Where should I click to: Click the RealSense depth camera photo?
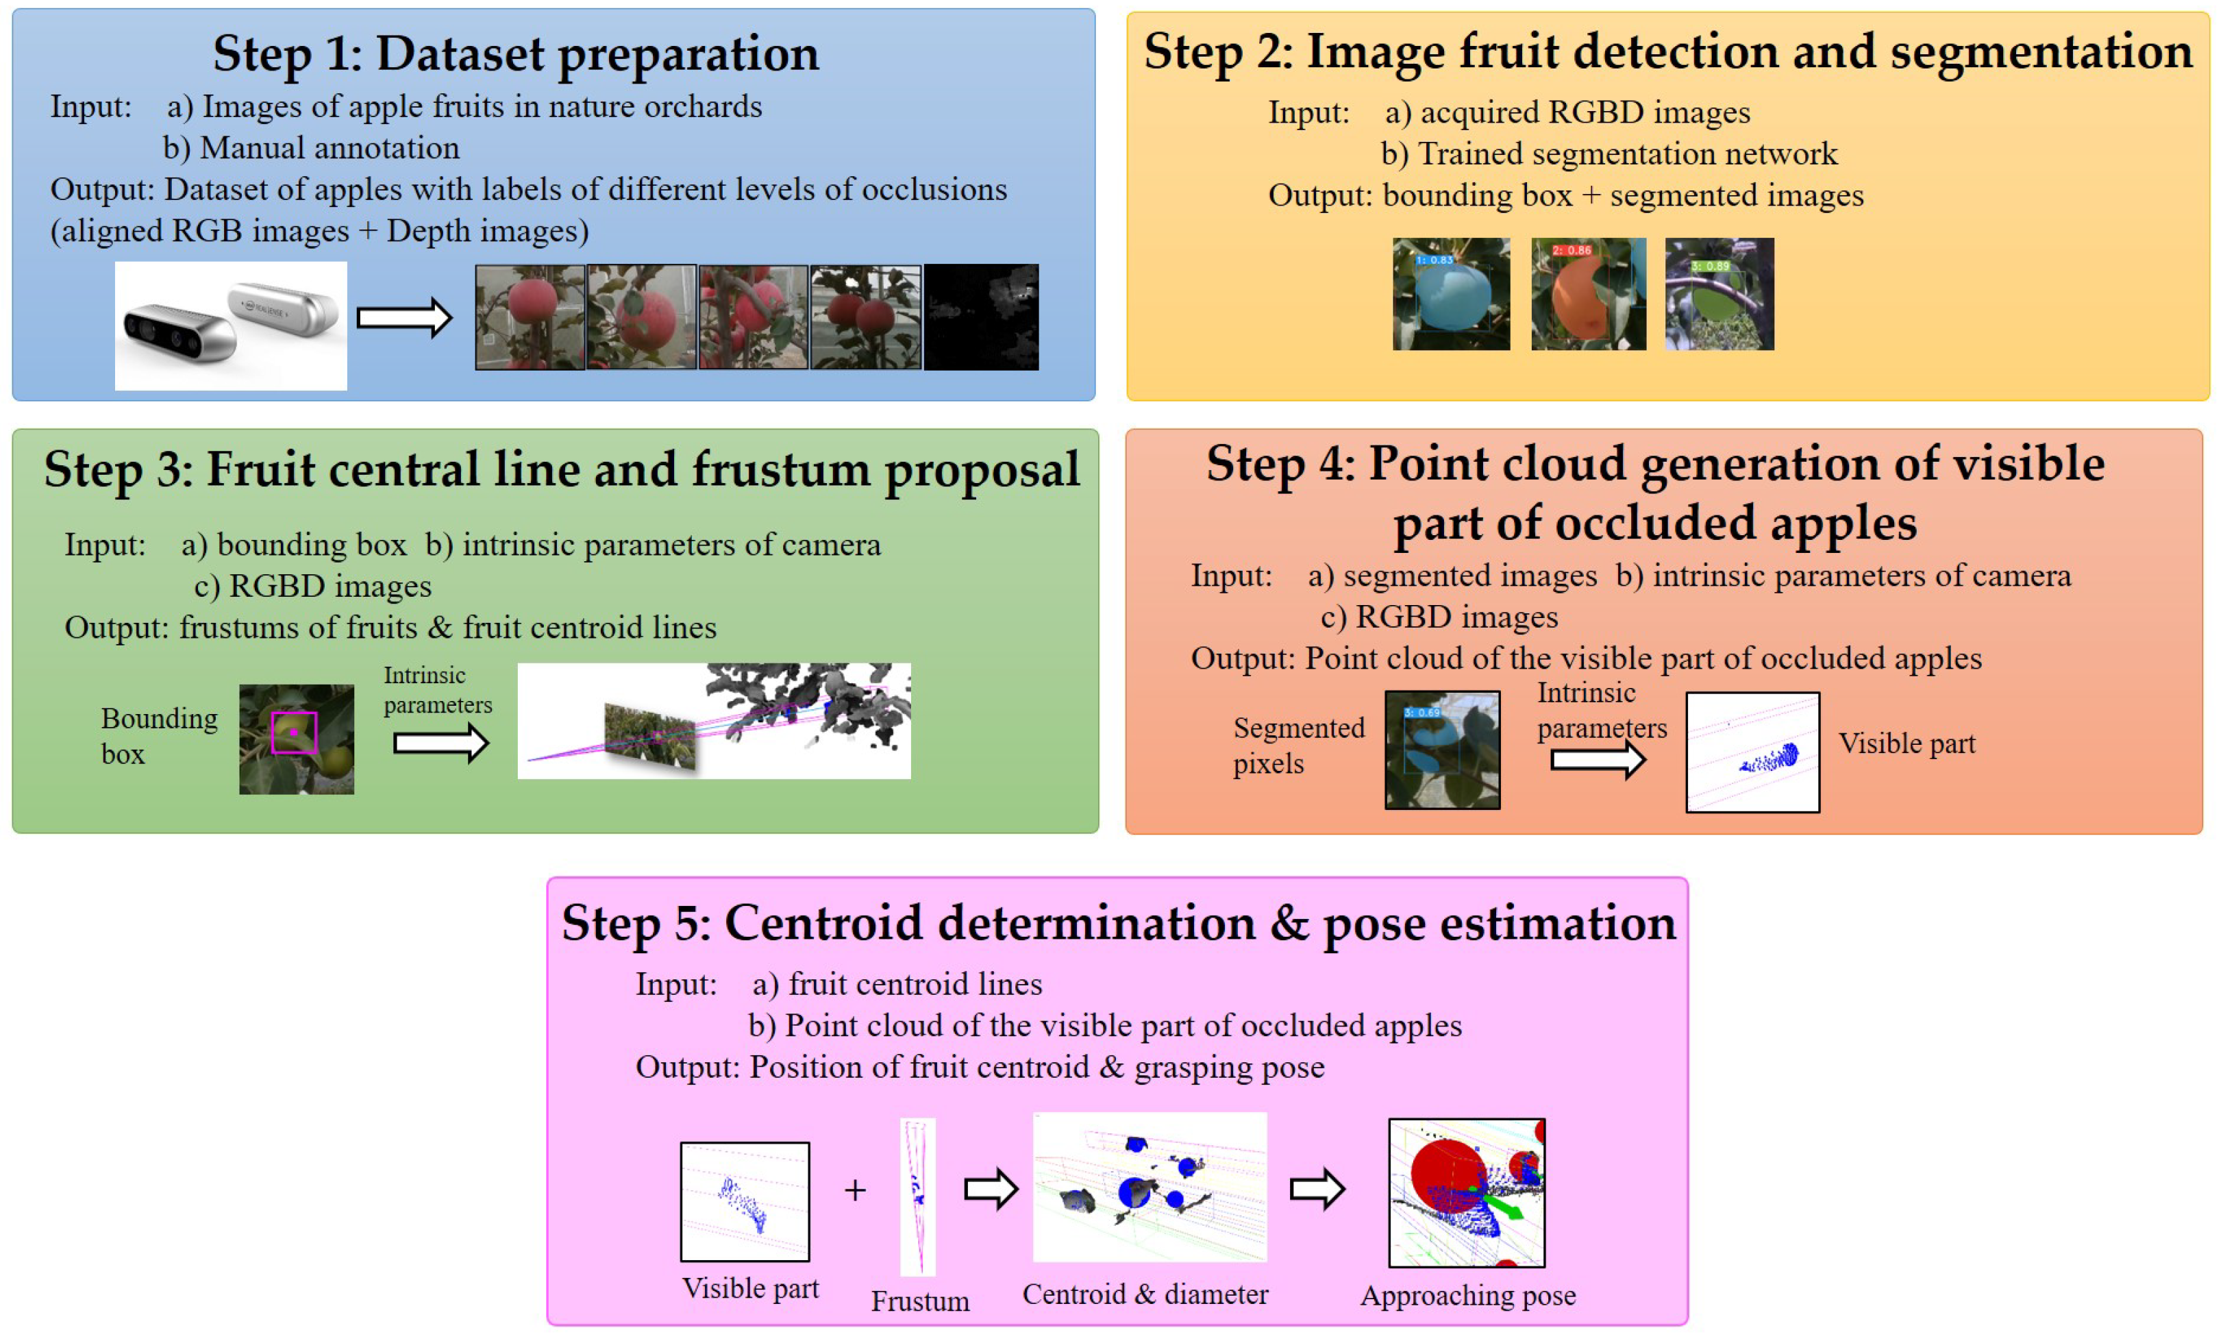click(x=230, y=325)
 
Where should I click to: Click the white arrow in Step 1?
click(x=403, y=318)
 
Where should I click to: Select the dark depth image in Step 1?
click(x=981, y=317)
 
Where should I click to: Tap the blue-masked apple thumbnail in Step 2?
click(x=1451, y=294)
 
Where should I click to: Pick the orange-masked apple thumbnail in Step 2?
click(x=1588, y=294)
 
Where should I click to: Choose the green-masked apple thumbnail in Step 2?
click(x=1719, y=294)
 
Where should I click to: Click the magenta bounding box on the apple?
click(x=294, y=732)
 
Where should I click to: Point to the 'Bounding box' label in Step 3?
click(x=159, y=735)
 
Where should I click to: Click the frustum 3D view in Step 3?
click(x=714, y=721)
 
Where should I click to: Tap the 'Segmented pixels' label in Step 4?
click(x=1297, y=746)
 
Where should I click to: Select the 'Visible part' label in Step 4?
click(x=1907, y=743)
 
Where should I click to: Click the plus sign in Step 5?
click(x=854, y=1190)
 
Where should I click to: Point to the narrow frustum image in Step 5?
click(x=917, y=1196)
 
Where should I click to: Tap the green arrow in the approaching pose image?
click(x=1502, y=1205)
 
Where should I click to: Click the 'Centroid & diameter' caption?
click(x=1145, y=1294)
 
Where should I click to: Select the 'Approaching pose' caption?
click(x=1468, y=1295)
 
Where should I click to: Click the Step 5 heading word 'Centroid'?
click(x=989, y=923)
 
